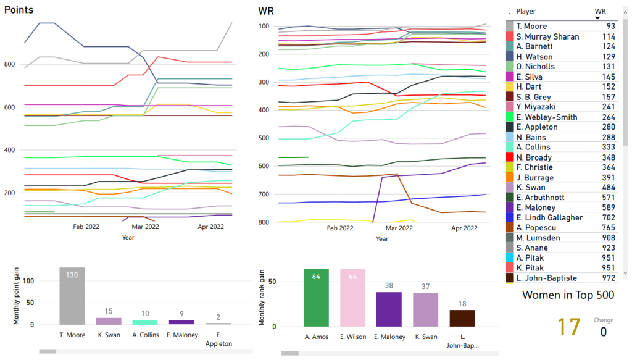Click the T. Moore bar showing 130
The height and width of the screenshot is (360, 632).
coord(72,296)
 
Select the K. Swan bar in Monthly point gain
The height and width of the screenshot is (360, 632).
coord(108,321)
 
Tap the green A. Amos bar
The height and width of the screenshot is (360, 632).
coord(316,298)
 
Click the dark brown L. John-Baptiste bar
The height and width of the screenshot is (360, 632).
coord(462,318)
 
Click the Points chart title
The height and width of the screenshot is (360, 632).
coord(19,10)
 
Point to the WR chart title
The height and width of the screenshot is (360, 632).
coord(267,11)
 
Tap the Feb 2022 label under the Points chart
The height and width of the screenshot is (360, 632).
coord(86,227)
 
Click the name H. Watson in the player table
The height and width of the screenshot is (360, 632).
coord(534,56)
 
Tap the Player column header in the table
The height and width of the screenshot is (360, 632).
coord(526,12)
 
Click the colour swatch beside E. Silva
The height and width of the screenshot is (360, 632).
coord(510,77)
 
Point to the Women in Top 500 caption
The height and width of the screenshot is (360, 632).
coord(568,295)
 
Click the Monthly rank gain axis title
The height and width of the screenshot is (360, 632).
coord(262,298)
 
